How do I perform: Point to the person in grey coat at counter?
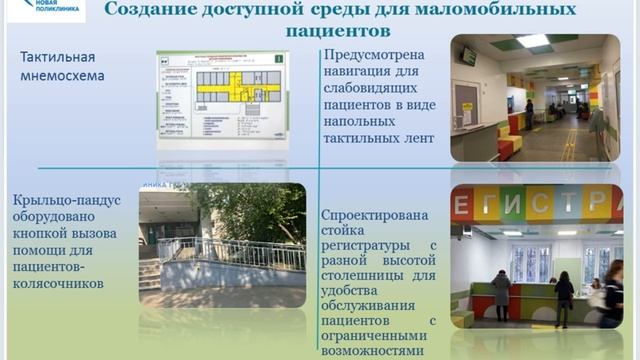(x=501, y=296)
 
